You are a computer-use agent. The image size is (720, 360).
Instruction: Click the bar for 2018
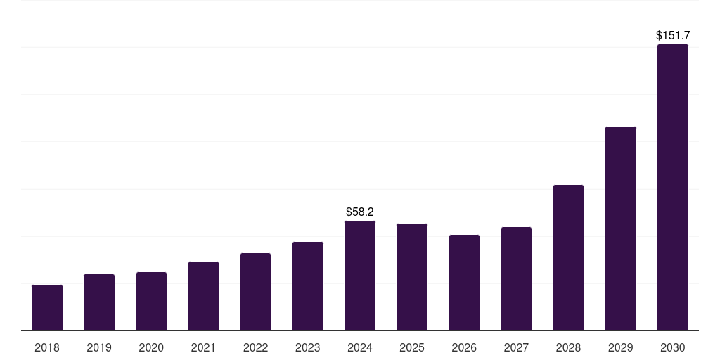tap(47, 307)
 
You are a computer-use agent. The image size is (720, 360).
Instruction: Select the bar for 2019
tap(99, 302)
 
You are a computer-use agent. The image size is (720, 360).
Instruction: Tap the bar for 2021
tap(203, 296)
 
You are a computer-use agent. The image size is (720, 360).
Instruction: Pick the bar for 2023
tap(308, 286)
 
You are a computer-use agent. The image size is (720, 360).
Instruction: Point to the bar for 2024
tap(360, 276)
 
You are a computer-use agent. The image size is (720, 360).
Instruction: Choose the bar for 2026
tap(464, 283)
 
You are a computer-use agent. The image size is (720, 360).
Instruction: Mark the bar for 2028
tap(568, 257)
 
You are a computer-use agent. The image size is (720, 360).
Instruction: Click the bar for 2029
tap(620, 229)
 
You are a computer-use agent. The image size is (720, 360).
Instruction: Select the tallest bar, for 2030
tap(673, 187)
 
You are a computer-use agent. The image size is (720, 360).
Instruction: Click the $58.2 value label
tap(360, 212)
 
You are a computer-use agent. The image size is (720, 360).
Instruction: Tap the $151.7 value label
tap(673, 35)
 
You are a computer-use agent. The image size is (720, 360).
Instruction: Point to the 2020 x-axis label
tap(151, 347)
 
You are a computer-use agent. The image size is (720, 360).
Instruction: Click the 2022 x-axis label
tap(255, 347)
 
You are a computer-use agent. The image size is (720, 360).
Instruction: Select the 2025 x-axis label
tap(412, 347)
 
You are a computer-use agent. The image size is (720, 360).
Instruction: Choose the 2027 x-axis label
tap(516, 347)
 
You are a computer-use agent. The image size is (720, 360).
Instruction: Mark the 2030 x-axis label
tap(673, 347)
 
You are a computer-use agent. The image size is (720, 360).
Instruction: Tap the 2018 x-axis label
tap(47, 347)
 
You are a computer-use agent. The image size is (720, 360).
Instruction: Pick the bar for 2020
tap(151, 301)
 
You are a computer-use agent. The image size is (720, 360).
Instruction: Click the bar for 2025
tap(412, 277)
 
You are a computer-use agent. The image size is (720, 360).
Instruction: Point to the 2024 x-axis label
tap(360, 347)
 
